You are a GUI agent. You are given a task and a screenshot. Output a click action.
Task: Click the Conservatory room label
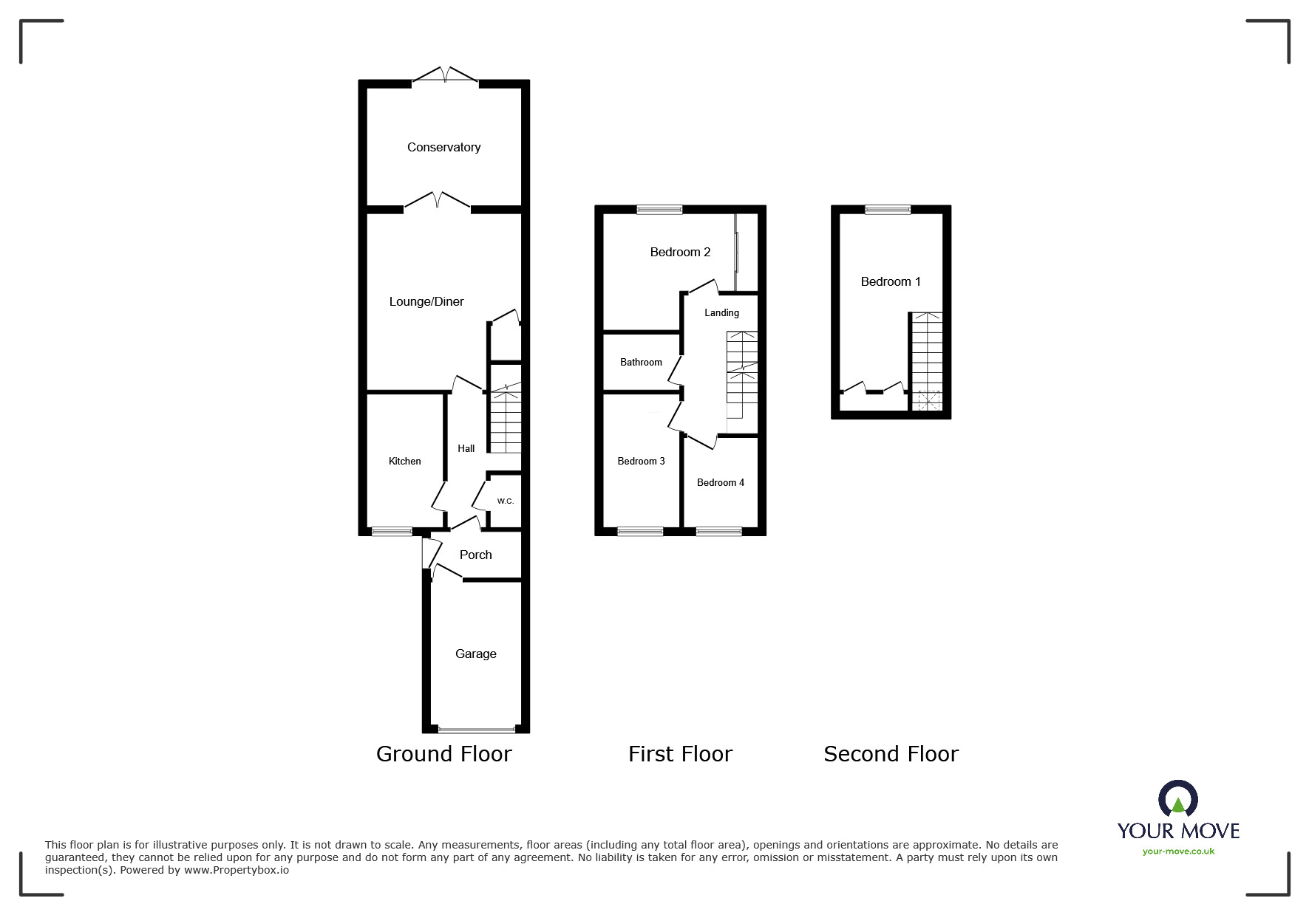point(443,147)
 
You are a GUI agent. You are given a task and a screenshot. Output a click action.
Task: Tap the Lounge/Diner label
point(426,301)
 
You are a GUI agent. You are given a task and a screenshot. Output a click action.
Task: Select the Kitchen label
point(404,461)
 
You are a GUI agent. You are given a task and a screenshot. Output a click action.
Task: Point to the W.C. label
point(505,501)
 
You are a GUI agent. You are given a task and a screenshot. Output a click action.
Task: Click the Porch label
point(475,555)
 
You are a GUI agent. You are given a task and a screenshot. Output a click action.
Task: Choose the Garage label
point(475,654)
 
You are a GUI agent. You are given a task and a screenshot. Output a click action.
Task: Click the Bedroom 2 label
point(680,252)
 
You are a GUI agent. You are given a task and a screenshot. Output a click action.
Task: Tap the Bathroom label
point(641,362)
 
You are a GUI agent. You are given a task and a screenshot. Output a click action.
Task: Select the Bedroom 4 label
point(720,482)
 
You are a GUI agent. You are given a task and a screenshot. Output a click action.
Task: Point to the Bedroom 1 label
point(891,281)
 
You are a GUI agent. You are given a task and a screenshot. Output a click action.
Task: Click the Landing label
point(721,312)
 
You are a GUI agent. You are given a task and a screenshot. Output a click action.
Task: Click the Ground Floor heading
point(443,753)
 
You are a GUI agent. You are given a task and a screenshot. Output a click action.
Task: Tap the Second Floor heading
point(891,753)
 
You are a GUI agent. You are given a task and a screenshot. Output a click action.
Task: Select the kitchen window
point(392,531)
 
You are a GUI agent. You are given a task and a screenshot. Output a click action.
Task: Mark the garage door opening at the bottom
point(476,730)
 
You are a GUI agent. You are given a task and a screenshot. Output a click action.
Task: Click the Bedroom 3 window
point(640,530)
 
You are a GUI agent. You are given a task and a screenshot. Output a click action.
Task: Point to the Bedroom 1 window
point(888,210)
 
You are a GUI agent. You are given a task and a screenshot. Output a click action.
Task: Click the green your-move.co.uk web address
point(1178,851)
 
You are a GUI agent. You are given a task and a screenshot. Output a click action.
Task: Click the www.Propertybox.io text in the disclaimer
point(237,870)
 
